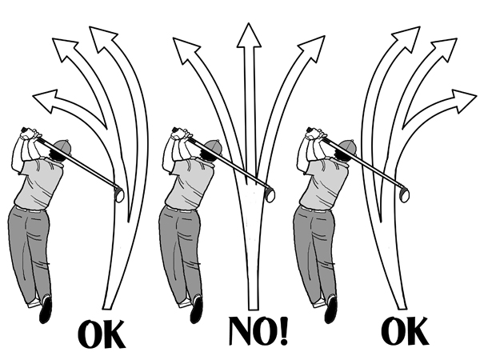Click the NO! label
tap(258, 331)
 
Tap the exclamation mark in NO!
tap(283, 331)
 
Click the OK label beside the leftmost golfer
tap(102, 334)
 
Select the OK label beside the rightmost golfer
tap(404, 331)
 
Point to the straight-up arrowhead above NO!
tap(249, 36)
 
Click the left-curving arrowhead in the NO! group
tap(186, 49)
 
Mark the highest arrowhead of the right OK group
tap(407, 38)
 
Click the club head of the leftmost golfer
tap(118, 194)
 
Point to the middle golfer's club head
tap(270, 194)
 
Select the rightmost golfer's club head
tap(404, 194)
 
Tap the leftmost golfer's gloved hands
tap(30, 134)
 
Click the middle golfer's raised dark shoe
tap(197, 309)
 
